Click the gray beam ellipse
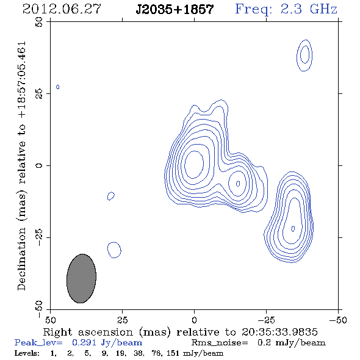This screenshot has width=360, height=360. click(81, 278)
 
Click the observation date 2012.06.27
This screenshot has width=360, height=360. click(62, 9)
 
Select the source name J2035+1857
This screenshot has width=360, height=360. click(175, 9)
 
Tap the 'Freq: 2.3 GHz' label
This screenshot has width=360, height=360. click(286, 9)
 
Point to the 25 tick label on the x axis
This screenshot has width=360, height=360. click(122, 320)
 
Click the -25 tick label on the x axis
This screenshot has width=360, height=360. click(266, 320)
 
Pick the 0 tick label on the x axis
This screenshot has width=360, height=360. click(194, 320)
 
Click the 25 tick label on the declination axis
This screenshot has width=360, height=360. click(39, 93)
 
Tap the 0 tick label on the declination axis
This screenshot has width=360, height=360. click(39, 165)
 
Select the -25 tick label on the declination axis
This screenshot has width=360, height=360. click(39, 237)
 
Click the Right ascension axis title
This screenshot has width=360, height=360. click(181, 332)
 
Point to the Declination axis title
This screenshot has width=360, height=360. click(21, 166)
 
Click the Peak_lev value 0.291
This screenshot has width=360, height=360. click(84, 342)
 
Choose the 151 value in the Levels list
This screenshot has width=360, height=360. click(173, 353)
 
